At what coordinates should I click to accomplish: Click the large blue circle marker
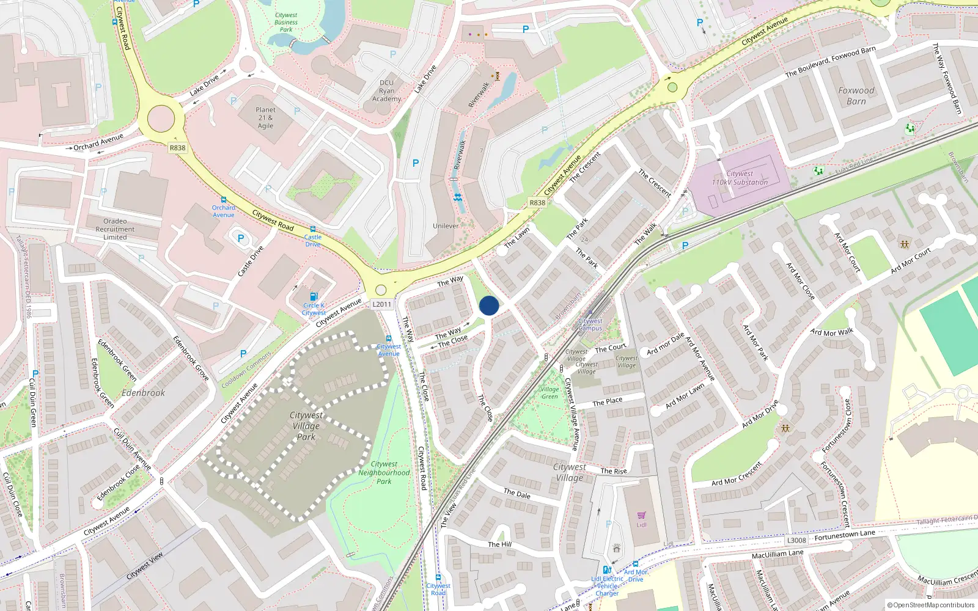[489, 305]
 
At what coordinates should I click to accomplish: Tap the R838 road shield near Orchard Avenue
[177, 148]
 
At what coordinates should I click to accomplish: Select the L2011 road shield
[381, 304]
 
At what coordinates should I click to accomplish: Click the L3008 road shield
[796, 540]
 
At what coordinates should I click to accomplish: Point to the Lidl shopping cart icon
[641, 516]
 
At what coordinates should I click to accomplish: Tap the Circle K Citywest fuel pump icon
[314, 297]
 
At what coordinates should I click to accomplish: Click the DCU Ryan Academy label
[386, 90]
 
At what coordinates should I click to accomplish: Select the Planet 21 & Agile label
[265, 118]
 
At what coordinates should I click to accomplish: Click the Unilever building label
[446, 226]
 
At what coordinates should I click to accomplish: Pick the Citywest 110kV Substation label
[740, 178]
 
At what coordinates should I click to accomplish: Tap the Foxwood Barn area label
[856, 96]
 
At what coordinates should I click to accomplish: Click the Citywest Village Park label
[306, 426]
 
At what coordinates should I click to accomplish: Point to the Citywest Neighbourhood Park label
[384, 473]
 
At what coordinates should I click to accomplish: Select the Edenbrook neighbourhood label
[143, 393]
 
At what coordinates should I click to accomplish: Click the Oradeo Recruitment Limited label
[115, 229]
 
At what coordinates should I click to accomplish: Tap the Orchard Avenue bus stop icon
[224, 200]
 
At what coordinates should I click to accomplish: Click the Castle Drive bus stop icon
[312, 229]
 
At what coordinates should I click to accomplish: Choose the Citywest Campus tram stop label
[590, 324]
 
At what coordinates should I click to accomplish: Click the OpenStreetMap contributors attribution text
[930, 605]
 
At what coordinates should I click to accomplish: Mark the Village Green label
[550, 393]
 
